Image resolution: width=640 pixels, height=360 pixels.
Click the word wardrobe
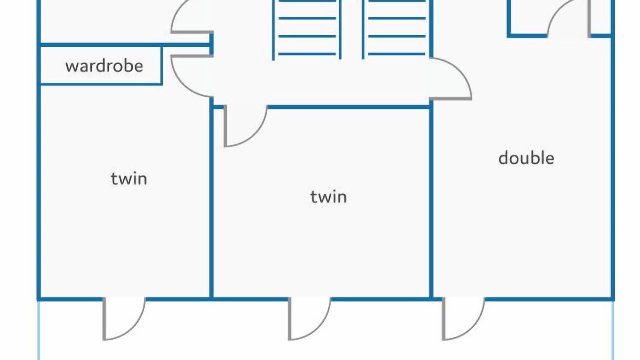click(104, 66)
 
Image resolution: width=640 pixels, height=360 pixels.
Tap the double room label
click(526, 158)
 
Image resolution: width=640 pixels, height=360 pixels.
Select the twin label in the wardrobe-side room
click(129, 179)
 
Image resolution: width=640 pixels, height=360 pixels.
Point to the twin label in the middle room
click(329, 197)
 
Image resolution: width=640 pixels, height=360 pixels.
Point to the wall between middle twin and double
click(431, 200)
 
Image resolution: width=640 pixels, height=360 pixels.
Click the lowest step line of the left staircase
click(307, 54)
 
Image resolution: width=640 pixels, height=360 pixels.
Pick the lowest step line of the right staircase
click(397, 54)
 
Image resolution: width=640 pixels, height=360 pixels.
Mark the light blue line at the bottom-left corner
click(39, 330)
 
